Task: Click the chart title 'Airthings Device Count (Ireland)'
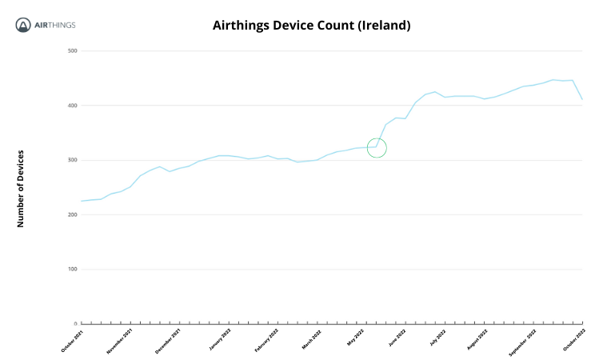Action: (311, 26)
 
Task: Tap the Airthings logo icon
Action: (24, 26)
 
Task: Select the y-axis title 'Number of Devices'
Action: (21, 188)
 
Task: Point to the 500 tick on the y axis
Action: (72, 51)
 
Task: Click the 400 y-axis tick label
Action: (72, 106)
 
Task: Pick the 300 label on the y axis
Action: (72, 160)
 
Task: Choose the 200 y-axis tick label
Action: (72, 214)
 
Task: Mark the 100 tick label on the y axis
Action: (72, 269)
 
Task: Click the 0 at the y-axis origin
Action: (74, 323)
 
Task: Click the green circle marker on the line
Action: (377, 148)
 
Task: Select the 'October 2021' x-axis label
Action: (72, 340)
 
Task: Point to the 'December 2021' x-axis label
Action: (166, 340)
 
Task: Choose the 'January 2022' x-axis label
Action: (219, 339)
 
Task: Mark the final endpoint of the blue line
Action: (582, 100)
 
